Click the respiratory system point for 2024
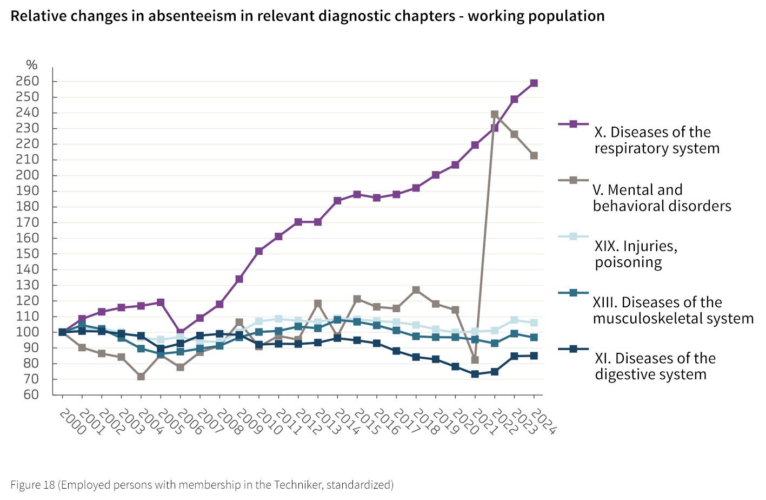[x=534, y=83]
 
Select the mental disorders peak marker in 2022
[x=495, y=115]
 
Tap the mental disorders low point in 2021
[x=475, y=360]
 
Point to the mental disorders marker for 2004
[x=141, y=377]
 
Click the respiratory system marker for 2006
[x=181, y=332]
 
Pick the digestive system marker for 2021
[x=475, y=374]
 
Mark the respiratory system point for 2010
[x=259, y=251]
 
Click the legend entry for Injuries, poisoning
[x=636, y=254]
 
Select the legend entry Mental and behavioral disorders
[x=662, y=198]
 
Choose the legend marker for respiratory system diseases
[x=574, y=124]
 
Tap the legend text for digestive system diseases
[x=655, y=366]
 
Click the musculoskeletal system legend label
[x=673, y=310]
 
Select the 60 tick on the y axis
[x=31, y=394]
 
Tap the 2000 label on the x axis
[x=71, y=422]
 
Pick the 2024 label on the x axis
[x=543, y=422]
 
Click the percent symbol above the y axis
[x=32, y=65]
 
